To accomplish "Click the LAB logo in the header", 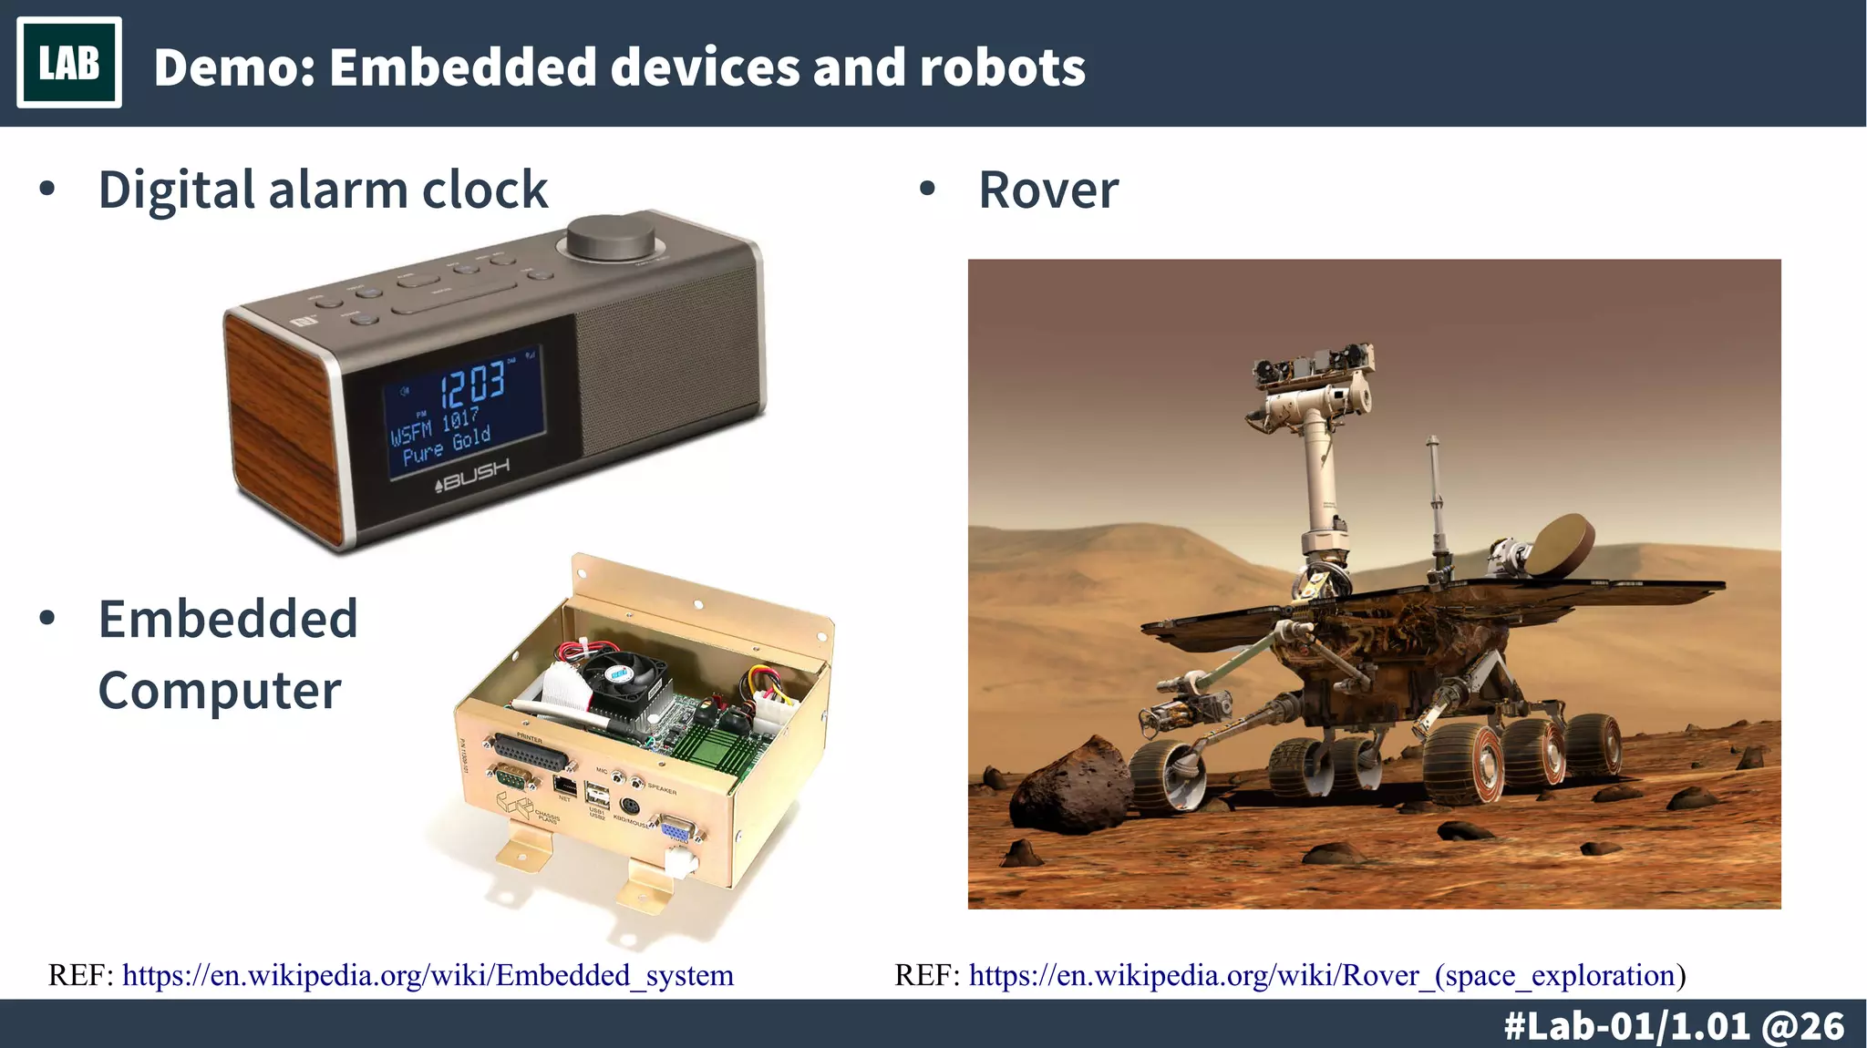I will click(x=69, y=63).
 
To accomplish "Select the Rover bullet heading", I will click(x=1048, y=190).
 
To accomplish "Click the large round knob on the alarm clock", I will click(x=610, y=238).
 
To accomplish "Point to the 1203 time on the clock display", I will click(x=473, y=383).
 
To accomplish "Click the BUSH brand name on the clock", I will click(x=474, y=473).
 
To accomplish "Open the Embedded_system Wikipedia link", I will click(x=428, y=975).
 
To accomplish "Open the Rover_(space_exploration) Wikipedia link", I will click(x=1326, y=975).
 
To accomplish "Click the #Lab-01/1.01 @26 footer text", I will click(x=1674, y=1026).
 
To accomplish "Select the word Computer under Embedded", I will click(x=220, y=690).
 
